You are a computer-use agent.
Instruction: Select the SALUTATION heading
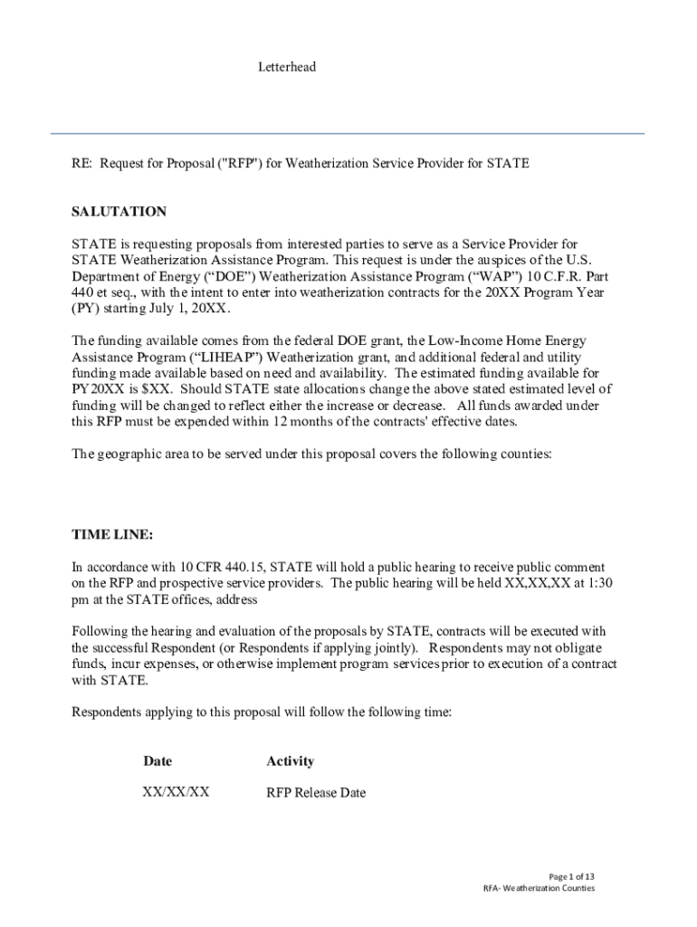click(119, 212)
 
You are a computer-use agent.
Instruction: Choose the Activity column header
click(290, 761)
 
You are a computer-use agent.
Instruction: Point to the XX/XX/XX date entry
click(176, 792)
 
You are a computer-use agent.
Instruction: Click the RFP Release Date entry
click(316, 793)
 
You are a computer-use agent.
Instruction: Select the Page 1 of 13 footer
click(572, 876)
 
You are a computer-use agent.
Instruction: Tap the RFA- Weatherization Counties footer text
click(539, 888)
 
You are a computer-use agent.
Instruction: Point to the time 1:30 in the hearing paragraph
click(598, 583)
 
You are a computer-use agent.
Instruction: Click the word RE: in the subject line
click(81, 164)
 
